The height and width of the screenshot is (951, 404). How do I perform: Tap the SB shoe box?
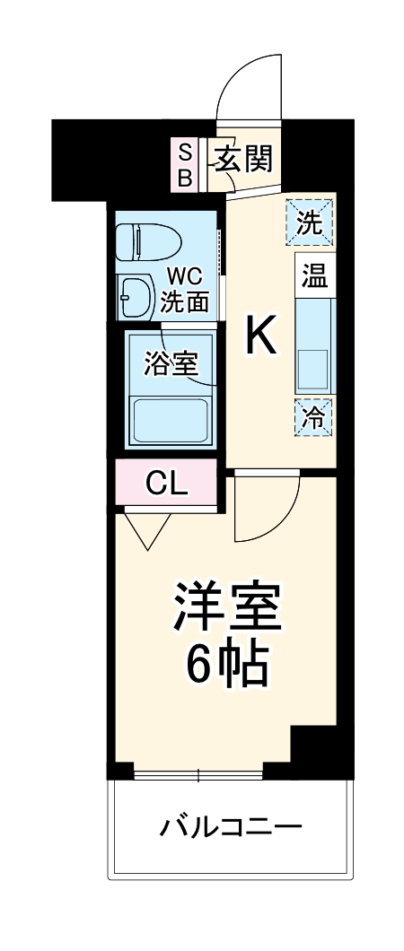coord(184,163)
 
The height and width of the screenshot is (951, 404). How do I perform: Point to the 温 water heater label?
coord(313,275)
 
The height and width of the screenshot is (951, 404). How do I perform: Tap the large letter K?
coord(261,337)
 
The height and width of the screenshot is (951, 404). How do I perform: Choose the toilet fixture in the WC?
coord(148,242)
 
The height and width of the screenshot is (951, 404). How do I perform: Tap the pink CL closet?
coord(166,484)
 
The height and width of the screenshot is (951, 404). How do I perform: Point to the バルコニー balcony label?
coord(231,825)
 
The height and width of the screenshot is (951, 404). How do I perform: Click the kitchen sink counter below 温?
coord(313,345)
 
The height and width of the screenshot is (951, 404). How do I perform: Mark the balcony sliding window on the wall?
coord(198,772)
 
